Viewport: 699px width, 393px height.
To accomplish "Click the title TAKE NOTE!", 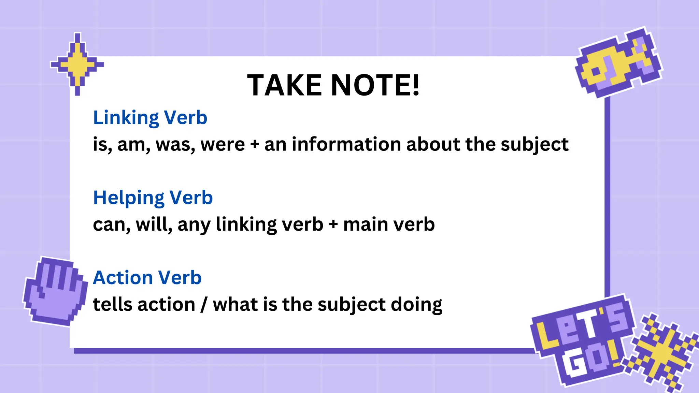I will (x=333, y=85).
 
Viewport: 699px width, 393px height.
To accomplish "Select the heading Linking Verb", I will (x=150, y=118).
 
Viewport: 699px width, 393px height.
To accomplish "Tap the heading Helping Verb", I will (x=153, y=198).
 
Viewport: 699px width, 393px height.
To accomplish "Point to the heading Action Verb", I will (x=147, y=277).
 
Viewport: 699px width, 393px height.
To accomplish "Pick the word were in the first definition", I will (x=223, y=145).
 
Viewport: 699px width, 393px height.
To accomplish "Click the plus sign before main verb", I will (x=333, y=225).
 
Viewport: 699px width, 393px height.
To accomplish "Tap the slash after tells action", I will (x=204, y=304).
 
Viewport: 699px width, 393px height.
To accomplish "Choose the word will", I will (x=154, y=224).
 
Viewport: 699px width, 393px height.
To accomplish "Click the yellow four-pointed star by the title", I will (x=77, y=64).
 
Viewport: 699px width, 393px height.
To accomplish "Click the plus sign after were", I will (x=255, y=145).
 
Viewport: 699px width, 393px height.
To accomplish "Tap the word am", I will (x=133, y=145).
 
